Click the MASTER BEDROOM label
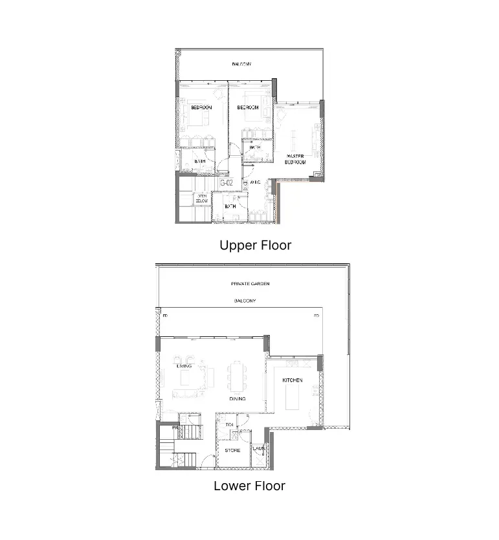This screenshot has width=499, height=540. point(296,159)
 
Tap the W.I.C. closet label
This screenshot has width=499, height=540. point(255,183)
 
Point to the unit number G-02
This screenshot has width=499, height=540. point(227,183)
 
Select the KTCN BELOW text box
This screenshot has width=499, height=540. point(203,199)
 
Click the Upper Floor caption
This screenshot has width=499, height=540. point(255,245)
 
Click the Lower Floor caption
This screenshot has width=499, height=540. point(249,486)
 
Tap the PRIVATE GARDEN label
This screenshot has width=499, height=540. point(250,284)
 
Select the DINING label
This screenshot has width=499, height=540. point(237,399)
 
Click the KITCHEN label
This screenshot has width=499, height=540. point(293,380)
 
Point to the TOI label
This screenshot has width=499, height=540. point(229,425)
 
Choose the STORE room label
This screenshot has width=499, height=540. point(232,450)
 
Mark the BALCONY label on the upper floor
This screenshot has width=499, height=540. point(241,64)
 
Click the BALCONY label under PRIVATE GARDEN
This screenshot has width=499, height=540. point(245,301)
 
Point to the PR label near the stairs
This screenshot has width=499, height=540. point(174,427)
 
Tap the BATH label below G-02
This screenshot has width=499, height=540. point(230,206)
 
